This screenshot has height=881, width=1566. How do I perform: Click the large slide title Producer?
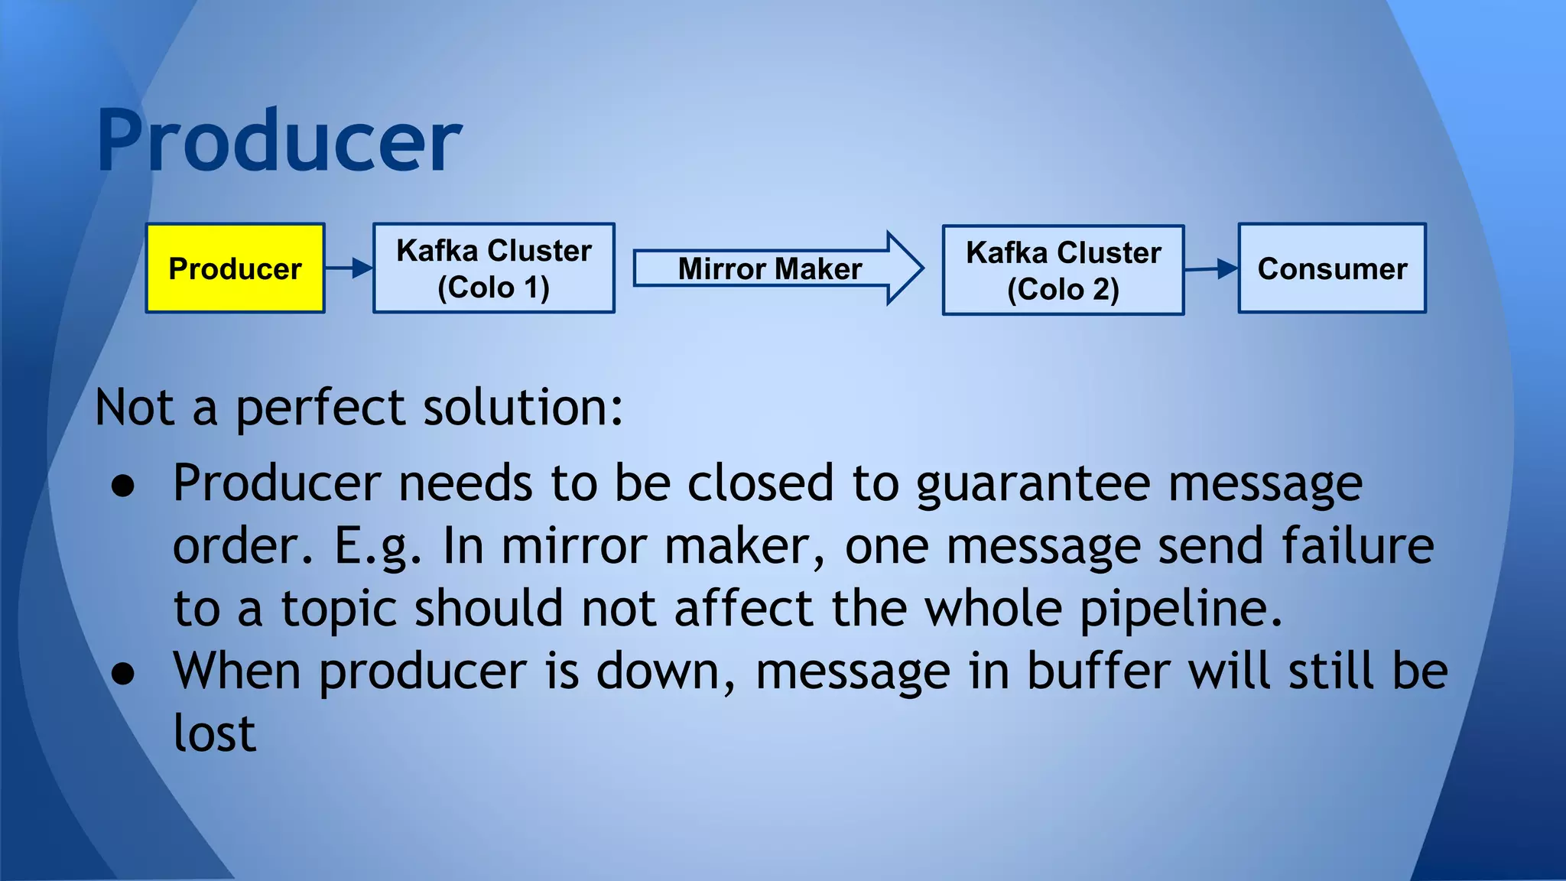click(279, 141)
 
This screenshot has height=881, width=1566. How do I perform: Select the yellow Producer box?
click(236, 268)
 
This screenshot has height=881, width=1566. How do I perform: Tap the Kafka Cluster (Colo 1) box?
click(494, 268)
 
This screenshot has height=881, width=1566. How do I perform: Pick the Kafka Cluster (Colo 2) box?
click(1063, 270)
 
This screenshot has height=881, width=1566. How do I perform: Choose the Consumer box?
click(1332, 268)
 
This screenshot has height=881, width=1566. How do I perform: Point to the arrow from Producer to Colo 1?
click(349, 268)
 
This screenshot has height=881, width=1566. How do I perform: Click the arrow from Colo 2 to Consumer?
click(1211, 268)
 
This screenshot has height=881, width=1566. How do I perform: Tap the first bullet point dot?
click(123, 486)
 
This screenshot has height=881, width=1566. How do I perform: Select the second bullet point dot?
click(123, 674)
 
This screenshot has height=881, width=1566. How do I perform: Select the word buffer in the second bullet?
click(1098, 671)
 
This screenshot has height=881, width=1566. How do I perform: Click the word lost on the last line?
click(214, 734)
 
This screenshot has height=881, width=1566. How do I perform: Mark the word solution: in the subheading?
click(523, 408)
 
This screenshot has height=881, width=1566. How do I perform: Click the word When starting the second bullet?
click(237, 671)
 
